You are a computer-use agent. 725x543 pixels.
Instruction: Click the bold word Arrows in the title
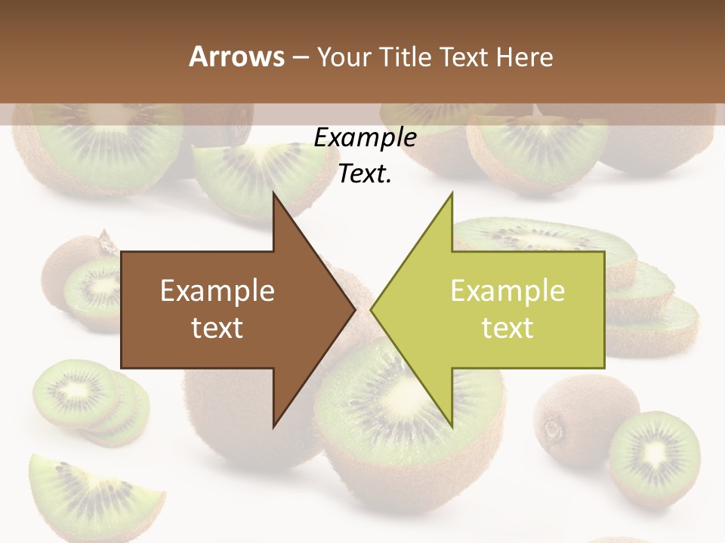[236, 57]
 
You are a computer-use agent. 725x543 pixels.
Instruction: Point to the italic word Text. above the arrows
[365, 174]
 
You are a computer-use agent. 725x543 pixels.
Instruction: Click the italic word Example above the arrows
[365, 138]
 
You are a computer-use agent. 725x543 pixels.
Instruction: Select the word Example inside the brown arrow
[217, 290]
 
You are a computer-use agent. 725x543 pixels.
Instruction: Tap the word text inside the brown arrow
[217, 327]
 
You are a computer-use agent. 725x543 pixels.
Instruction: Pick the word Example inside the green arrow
[507, 290]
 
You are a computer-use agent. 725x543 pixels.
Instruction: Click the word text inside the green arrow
[507, 327]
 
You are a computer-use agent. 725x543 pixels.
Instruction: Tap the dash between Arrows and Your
[300, 57]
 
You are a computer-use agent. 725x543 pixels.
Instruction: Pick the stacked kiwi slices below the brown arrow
[87, 400]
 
